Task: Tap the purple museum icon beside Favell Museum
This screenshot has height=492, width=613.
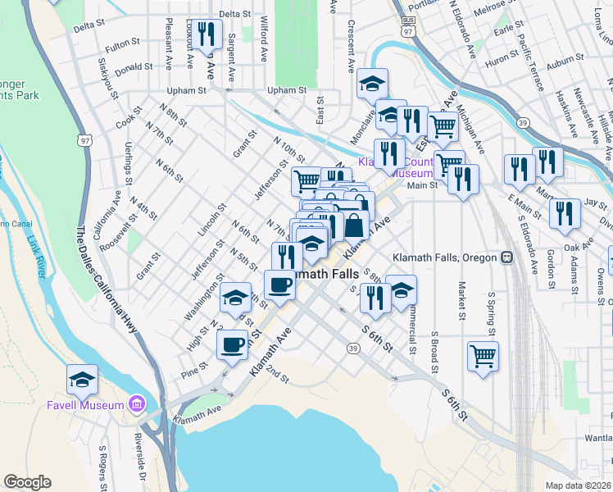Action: click(x=136, y=405)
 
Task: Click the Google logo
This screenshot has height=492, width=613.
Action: click(x=27, y=482)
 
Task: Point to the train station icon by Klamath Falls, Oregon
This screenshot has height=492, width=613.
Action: click(x=507, y=257)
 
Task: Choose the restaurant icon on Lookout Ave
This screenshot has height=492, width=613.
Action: click(x=207, y=35)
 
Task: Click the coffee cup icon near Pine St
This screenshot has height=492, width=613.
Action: click(x=232, y=344)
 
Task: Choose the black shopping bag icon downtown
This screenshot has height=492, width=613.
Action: click(x=354, y=224)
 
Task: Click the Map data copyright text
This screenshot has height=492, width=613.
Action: click(x=578, y=485)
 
